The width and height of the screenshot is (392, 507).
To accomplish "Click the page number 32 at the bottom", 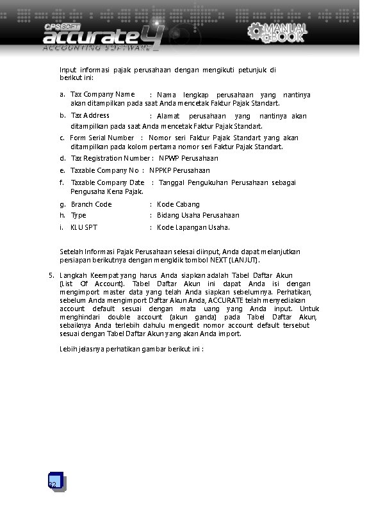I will point(53,485).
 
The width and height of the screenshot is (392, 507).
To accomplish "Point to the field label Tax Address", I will point(90,116).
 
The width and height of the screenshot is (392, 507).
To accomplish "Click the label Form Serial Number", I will point(102,138).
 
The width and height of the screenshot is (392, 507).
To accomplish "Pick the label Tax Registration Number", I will point(110,158).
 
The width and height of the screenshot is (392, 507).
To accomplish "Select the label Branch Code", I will point(91,204).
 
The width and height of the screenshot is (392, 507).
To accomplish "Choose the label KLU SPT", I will point(85,227).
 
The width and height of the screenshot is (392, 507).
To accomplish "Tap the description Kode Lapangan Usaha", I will point(193,227).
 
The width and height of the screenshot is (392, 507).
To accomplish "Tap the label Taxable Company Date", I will point(108,183).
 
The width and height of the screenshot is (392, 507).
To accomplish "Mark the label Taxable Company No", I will point(104,170).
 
